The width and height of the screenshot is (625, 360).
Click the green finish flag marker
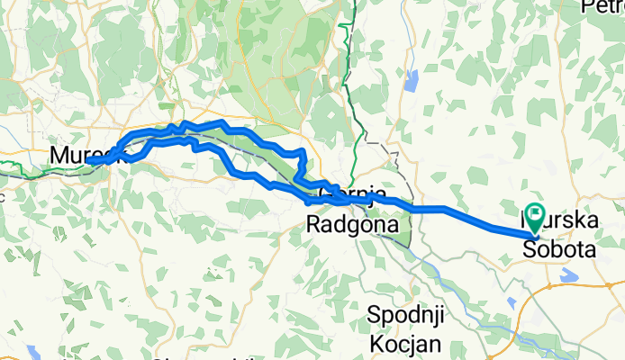coord(536,216)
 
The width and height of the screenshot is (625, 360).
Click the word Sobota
coord(559,251)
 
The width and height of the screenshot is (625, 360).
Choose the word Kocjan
coord(403,344)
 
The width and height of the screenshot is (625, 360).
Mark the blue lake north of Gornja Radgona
coord(412,82)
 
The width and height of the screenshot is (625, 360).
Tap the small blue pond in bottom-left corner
coord(34,350)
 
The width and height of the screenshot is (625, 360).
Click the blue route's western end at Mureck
coord(105,160)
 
